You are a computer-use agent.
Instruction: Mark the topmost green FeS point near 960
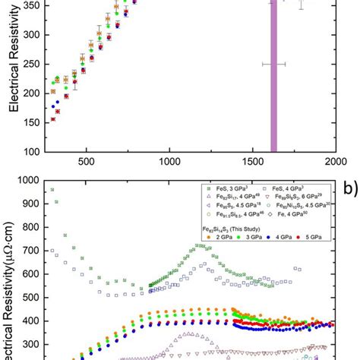point(52,190)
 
